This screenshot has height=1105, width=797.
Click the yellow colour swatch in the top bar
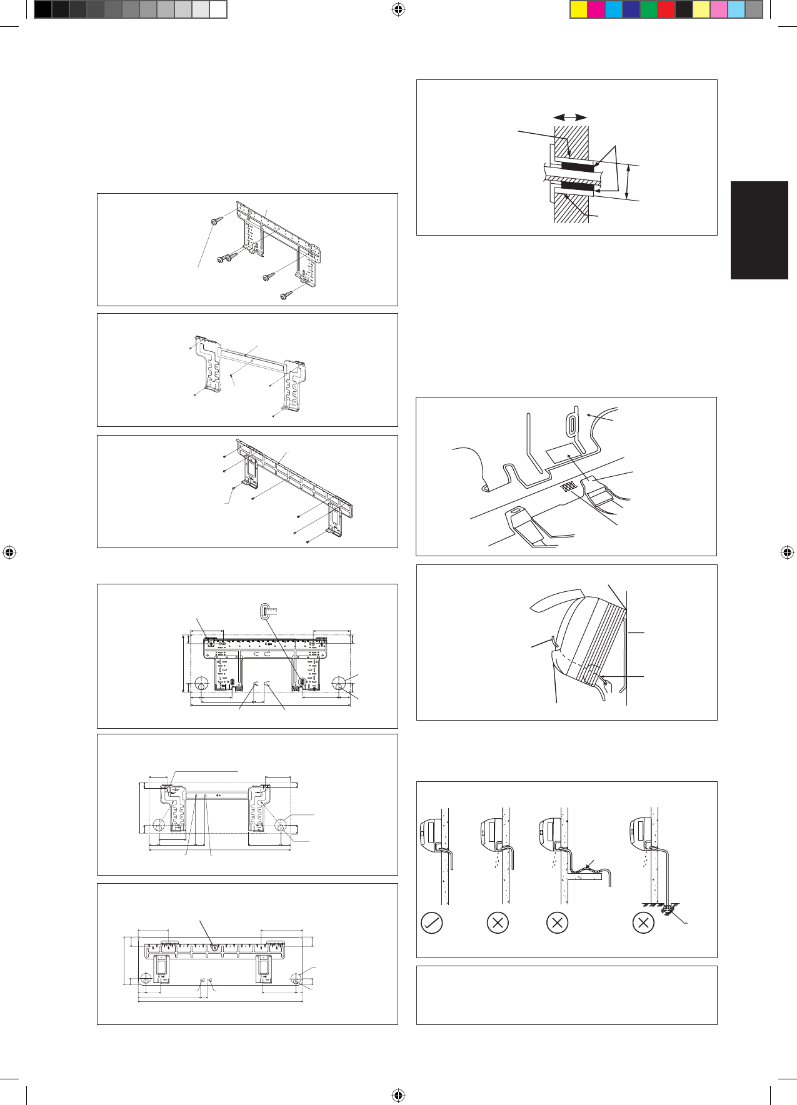click(x=579, y=9)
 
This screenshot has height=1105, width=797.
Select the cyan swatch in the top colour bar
click(x=614, y=9)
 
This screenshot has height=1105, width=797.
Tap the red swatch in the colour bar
click(x=666, y=9)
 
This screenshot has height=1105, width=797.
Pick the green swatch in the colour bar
click(x=649, y=9)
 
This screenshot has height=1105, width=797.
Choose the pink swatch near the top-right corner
click(x=719, y=9)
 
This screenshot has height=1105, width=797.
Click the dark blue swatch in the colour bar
click(x=631, y=9)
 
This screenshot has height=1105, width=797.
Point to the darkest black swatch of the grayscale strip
click(x=43, y=9)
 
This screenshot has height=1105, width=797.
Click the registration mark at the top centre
click(x=399, y=9)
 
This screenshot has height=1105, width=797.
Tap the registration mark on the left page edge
click(x=9, y=552)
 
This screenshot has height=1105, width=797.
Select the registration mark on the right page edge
click(x=787, y=552)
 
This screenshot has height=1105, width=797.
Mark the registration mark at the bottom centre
click(x=399, y=1095)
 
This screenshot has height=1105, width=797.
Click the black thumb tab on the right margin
click(x=759, y=230)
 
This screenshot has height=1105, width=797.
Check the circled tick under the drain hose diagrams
click(x=432, y=922)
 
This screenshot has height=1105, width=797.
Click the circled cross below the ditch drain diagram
click(x=643, y=922)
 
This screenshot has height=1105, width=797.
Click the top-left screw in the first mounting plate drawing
click(x=216, y=221)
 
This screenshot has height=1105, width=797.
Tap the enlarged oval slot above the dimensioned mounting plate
click(x=265, y=609)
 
